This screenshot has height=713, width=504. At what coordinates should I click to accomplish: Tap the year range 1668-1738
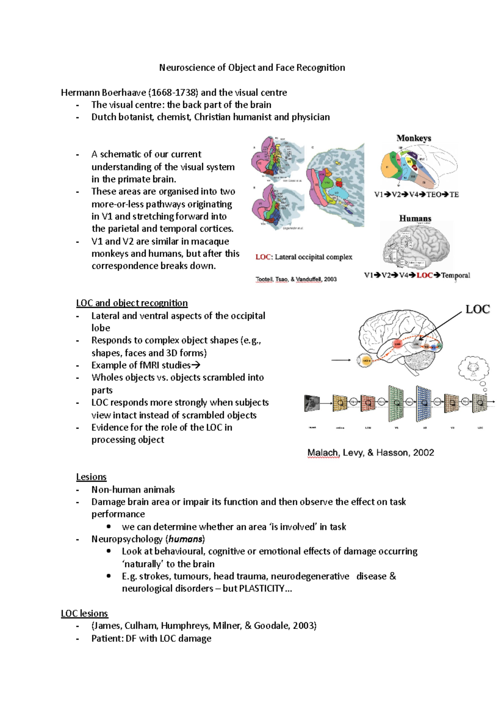pos(173,92)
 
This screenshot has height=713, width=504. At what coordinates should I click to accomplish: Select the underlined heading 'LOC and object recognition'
pos(132,303)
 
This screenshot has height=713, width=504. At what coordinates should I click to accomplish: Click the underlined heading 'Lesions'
pos(91,477)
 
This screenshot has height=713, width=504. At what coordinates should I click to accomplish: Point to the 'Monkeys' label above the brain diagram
pos(414,138)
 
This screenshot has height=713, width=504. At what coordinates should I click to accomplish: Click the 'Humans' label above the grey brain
pos(415,218)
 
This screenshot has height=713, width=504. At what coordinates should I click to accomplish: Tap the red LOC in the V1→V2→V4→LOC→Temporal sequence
pos(424,275)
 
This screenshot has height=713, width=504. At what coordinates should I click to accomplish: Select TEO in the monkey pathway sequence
pos(434,194)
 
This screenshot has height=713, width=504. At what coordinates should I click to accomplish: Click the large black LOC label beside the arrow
pos(478,309)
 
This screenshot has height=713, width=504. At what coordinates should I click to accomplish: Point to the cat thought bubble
pos(473,368)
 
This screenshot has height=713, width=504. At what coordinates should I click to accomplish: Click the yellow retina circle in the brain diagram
pos(365,361)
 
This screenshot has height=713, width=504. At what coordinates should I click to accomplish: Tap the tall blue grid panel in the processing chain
pos(424,403)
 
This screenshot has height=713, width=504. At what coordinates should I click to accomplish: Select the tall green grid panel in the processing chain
pos(396,403)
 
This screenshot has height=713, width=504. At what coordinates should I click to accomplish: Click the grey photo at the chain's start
pos(312,403)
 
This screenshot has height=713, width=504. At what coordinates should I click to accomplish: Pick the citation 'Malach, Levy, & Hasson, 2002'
pos(370,453)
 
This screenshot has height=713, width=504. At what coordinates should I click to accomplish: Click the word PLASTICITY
pos(261,588)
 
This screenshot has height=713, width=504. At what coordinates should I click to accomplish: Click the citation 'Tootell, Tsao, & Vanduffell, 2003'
pos(296,279)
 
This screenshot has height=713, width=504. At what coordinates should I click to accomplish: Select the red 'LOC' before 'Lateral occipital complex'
pos(263,257)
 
